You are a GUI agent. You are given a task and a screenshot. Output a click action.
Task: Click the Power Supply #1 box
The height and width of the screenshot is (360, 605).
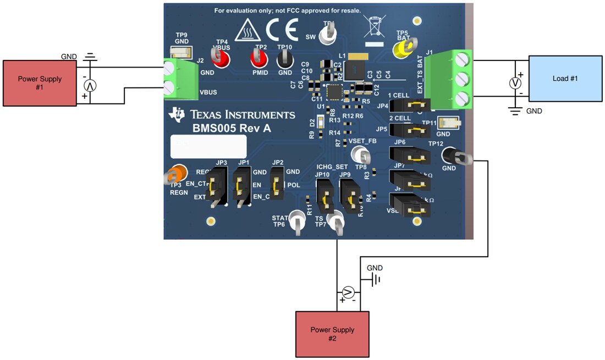[40, 83]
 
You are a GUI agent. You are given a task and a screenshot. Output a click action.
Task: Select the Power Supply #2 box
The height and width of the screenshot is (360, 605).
[332, 334]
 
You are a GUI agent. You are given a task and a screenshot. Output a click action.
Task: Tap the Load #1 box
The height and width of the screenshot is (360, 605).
[565, 78]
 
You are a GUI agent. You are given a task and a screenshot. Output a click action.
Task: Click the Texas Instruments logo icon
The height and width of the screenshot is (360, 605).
[178, 114]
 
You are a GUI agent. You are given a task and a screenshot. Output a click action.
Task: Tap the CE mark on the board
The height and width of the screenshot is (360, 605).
[282, 29]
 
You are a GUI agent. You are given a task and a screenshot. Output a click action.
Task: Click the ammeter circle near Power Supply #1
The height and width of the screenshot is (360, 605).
[90, 86]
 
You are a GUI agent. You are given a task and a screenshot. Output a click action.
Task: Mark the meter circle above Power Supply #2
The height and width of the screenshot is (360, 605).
[348, 291]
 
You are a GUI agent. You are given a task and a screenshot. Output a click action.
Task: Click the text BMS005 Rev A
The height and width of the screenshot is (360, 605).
[232, 129]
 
